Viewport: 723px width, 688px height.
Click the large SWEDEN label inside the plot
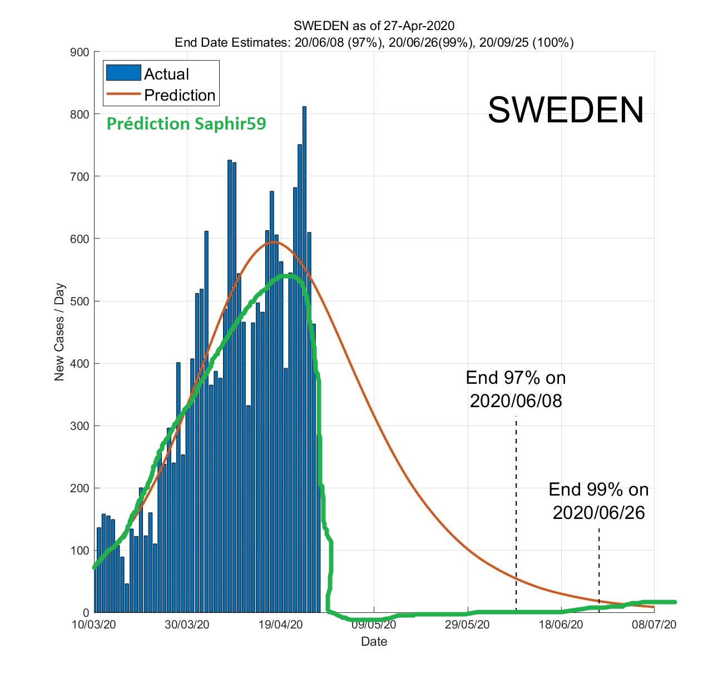(x=566, y=110)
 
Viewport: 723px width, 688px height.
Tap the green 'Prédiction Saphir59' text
(x=186, y=123)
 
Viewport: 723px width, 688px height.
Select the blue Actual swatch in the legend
(x=123, y=73)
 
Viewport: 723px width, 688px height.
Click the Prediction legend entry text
(x=179, y=95)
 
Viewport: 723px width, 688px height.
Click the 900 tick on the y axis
(x=80, y=52)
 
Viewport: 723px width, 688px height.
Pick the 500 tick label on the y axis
(x=80, y=301)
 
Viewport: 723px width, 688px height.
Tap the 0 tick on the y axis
(x=86, y=612)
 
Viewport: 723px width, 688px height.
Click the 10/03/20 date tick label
(x=94, y=625)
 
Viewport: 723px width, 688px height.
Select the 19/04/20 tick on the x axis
(x=281, y=625)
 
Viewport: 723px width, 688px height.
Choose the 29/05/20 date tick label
(x=468, y=625)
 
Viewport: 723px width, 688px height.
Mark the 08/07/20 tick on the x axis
(x=654, y=625)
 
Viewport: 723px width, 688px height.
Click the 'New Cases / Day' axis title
(x=59, y=332)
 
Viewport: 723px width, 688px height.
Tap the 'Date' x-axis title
(x=374, y=641)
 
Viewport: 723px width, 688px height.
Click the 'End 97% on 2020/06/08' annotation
(x=516, y=389)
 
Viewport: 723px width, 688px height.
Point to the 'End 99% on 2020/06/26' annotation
(x=598, y=501)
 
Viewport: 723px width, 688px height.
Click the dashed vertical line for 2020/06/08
(x=516, y=512)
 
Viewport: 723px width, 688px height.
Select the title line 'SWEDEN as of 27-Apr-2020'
(x=374, y=26)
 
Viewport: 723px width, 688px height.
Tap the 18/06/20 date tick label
(x=561, y=625)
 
